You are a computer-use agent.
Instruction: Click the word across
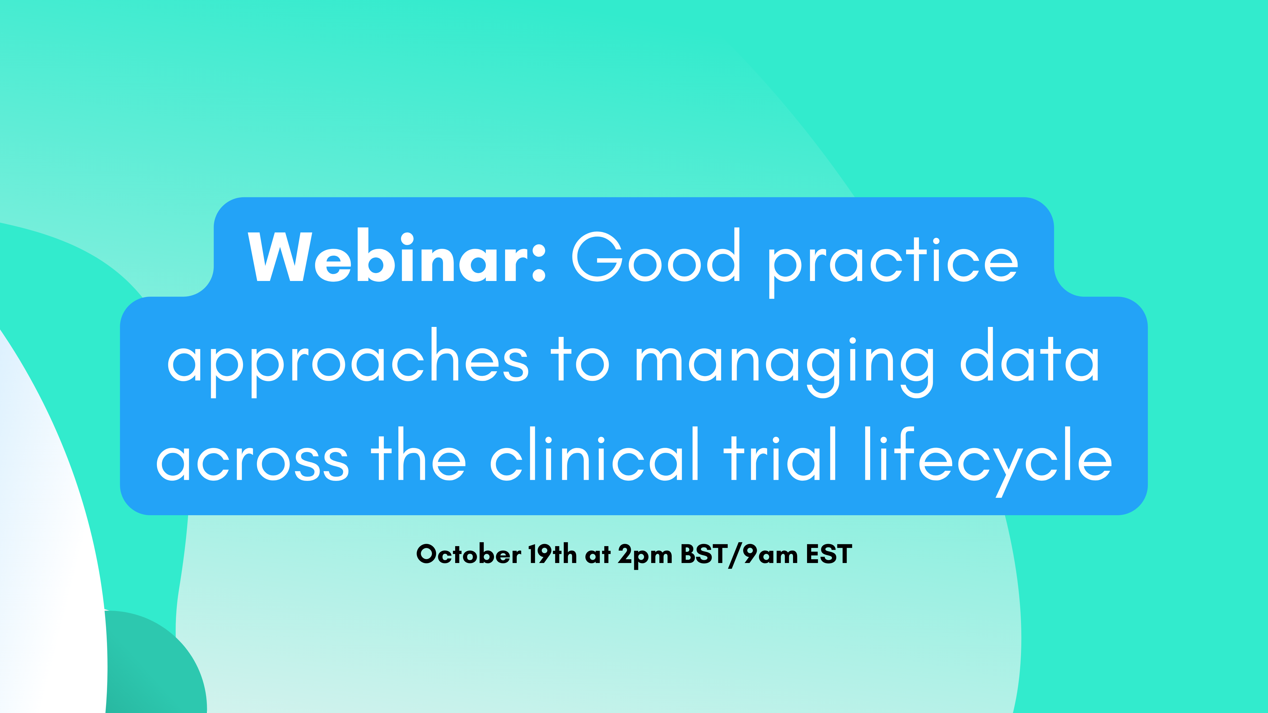click(253, 460)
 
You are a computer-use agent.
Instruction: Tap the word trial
click(780, 453)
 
